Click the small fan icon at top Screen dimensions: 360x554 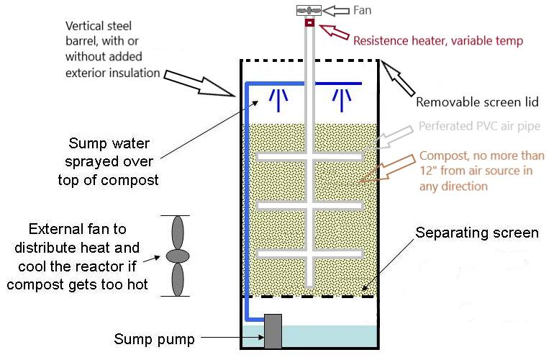309,11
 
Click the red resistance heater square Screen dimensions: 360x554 310,23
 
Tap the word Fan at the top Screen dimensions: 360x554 362,11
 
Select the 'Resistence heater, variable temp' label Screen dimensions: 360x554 437,41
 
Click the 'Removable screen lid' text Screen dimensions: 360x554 477,102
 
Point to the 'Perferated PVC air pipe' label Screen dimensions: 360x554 478,127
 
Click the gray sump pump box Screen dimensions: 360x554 273,331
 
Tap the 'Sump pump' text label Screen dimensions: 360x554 154,338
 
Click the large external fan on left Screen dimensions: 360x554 176,256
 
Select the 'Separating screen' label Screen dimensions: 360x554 476,233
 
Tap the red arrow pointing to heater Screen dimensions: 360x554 332,32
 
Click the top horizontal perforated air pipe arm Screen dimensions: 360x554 309,156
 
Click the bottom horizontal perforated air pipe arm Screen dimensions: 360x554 309,253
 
